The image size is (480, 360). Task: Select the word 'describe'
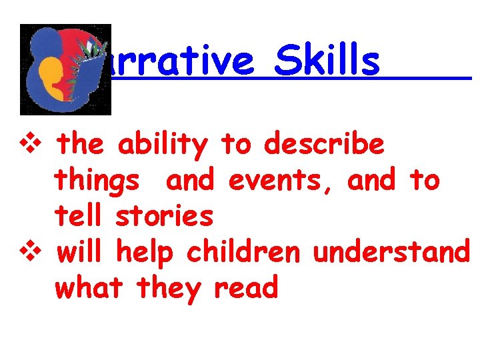(x=324, y=144)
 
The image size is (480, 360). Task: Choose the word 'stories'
(x=165, y=216)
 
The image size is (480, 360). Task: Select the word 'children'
(x=245, y=252)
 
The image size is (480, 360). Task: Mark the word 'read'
(x=245, y=288)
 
